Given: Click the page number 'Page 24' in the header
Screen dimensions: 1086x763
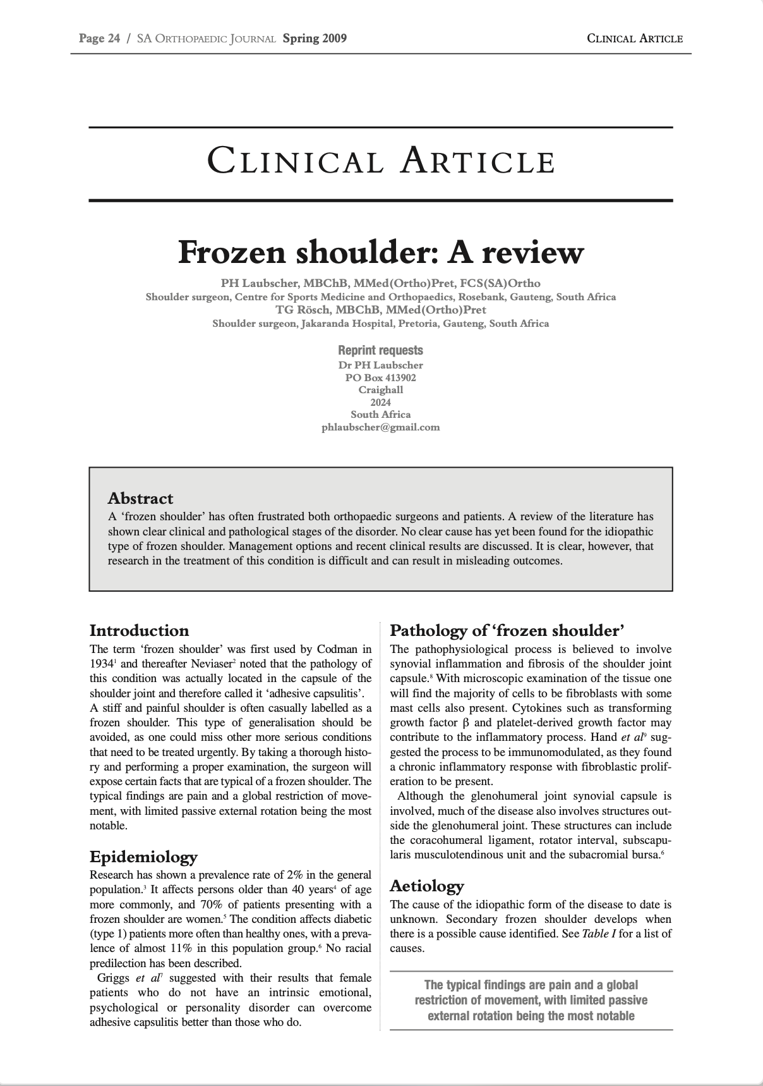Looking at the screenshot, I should pos(99,39).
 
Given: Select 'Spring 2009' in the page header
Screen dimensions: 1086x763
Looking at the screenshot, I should pos(315,39).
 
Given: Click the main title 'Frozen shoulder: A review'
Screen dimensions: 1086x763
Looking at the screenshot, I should pos(381,252).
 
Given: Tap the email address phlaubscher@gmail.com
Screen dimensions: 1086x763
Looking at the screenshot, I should pos(381,427).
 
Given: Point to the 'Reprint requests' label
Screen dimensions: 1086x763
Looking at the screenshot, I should pos(380,350).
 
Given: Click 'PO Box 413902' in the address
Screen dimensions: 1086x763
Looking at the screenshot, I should pos(381,377).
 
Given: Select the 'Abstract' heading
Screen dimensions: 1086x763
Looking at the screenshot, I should pos(140,498).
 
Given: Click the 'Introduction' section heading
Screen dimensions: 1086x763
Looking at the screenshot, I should pos(139,630).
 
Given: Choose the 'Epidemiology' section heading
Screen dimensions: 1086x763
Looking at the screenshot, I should pos(143,857).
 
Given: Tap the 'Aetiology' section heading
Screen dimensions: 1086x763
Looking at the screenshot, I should pos(427,886).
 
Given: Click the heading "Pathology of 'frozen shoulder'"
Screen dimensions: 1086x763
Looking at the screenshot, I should pos(507,630).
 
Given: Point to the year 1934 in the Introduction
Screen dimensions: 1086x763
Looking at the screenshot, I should pos(101,664).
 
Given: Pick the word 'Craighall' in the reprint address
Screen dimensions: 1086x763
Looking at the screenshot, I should pos(381,390).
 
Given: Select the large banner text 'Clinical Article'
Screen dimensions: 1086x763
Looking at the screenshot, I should pos(381,161).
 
